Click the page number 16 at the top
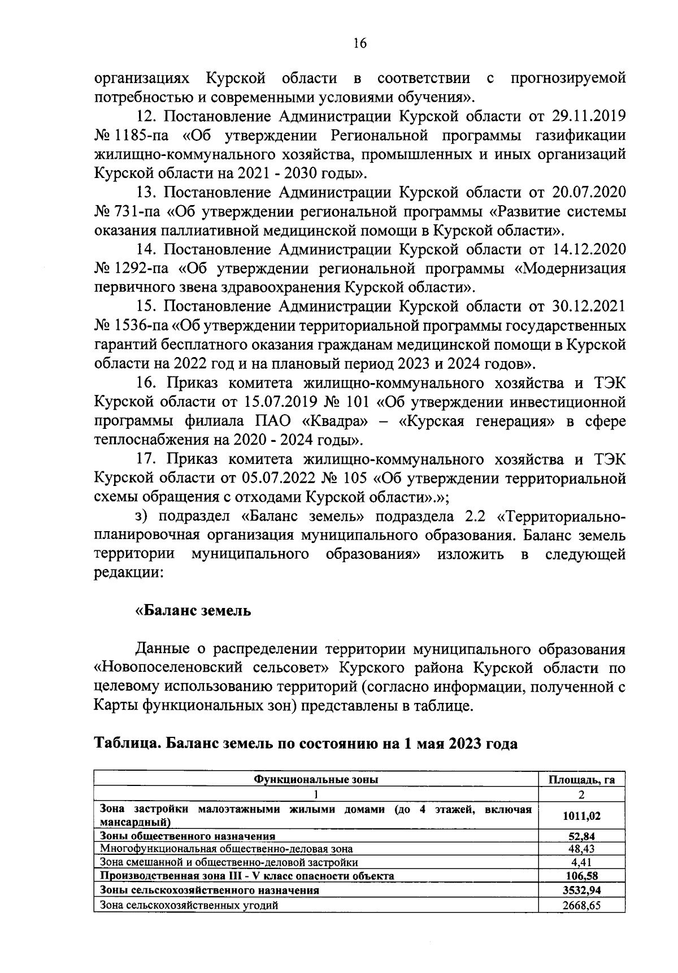(x=360, y=44)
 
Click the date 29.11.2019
(x=587, y=116)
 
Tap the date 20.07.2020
(x=587, y=193)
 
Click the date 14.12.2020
(x=587, y=249)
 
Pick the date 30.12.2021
(x=587, y=306)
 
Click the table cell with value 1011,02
(x=581, y=815)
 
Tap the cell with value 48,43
(x=581, y=849)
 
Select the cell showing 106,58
(x=581, y=876)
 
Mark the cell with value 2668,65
(x=581, y=905)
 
